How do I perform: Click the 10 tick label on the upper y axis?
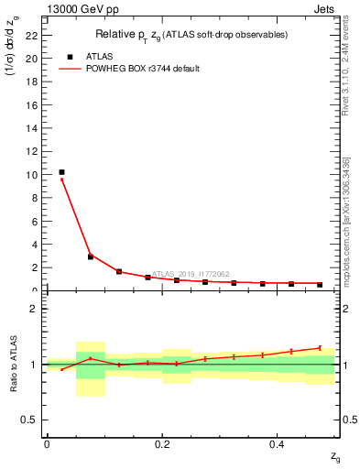[x=32, y=174]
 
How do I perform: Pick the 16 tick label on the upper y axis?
[x=32, y=104]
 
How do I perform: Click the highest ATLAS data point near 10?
[x=61, y=172]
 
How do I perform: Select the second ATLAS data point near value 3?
[x=91, y=256]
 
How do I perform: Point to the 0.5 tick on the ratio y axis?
[x=29, y=420]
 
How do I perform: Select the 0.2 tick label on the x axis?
[x=161, y=444]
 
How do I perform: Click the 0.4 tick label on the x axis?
[x=278, y=444]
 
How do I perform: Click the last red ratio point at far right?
[x=320, y=347]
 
